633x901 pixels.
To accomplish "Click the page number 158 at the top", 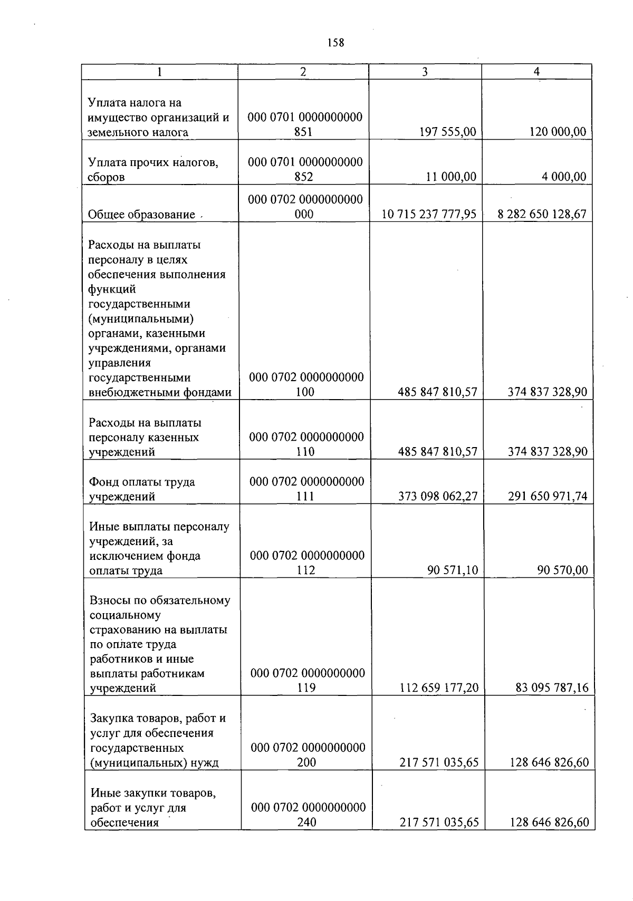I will point(335,43).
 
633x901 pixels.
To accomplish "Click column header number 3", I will point(425,72).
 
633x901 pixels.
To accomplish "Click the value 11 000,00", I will point(451,177).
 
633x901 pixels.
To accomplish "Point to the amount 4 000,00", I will point(564,177).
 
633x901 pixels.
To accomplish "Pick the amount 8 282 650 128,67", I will point(542,214).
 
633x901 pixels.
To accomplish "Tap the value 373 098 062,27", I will point(439,496).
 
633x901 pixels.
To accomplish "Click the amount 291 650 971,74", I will point(548,496).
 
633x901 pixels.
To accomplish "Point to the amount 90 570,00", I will point(562,570).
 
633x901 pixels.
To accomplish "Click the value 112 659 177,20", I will point(439,687).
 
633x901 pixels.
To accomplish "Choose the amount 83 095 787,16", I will point(552,687).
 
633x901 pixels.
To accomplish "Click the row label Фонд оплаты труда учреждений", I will point(142,489).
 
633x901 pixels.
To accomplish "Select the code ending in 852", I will point(304,169).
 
